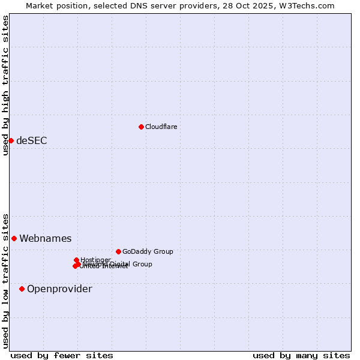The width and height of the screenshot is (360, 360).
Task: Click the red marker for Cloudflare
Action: [141, 127]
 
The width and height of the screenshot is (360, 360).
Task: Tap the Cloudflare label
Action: [161, 127]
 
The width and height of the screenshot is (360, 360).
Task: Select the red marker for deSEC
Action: [11, 140]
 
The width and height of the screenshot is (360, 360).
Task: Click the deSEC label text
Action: [31, 140]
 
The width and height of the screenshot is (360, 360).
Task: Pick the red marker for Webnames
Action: [14, 238]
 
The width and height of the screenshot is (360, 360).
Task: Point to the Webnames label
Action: [45, 238]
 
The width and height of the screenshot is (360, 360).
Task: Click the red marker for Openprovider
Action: [22, 289]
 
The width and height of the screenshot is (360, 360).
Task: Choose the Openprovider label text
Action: [59, 289]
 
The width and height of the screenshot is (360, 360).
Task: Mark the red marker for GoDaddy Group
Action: [118, 251]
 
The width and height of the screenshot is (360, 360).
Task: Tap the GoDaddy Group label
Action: [148, 251]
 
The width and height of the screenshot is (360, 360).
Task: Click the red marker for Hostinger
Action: [77, 260]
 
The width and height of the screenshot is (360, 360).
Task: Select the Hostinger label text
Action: [95, 260]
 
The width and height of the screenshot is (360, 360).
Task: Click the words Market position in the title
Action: [56, 5]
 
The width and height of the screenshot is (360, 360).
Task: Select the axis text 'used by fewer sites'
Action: [62, 355]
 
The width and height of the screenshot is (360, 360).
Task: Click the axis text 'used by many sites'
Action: [301, 355]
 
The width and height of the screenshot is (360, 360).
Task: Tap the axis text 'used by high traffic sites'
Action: [5, 85]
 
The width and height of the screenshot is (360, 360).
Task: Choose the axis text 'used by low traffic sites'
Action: [5, 280]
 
